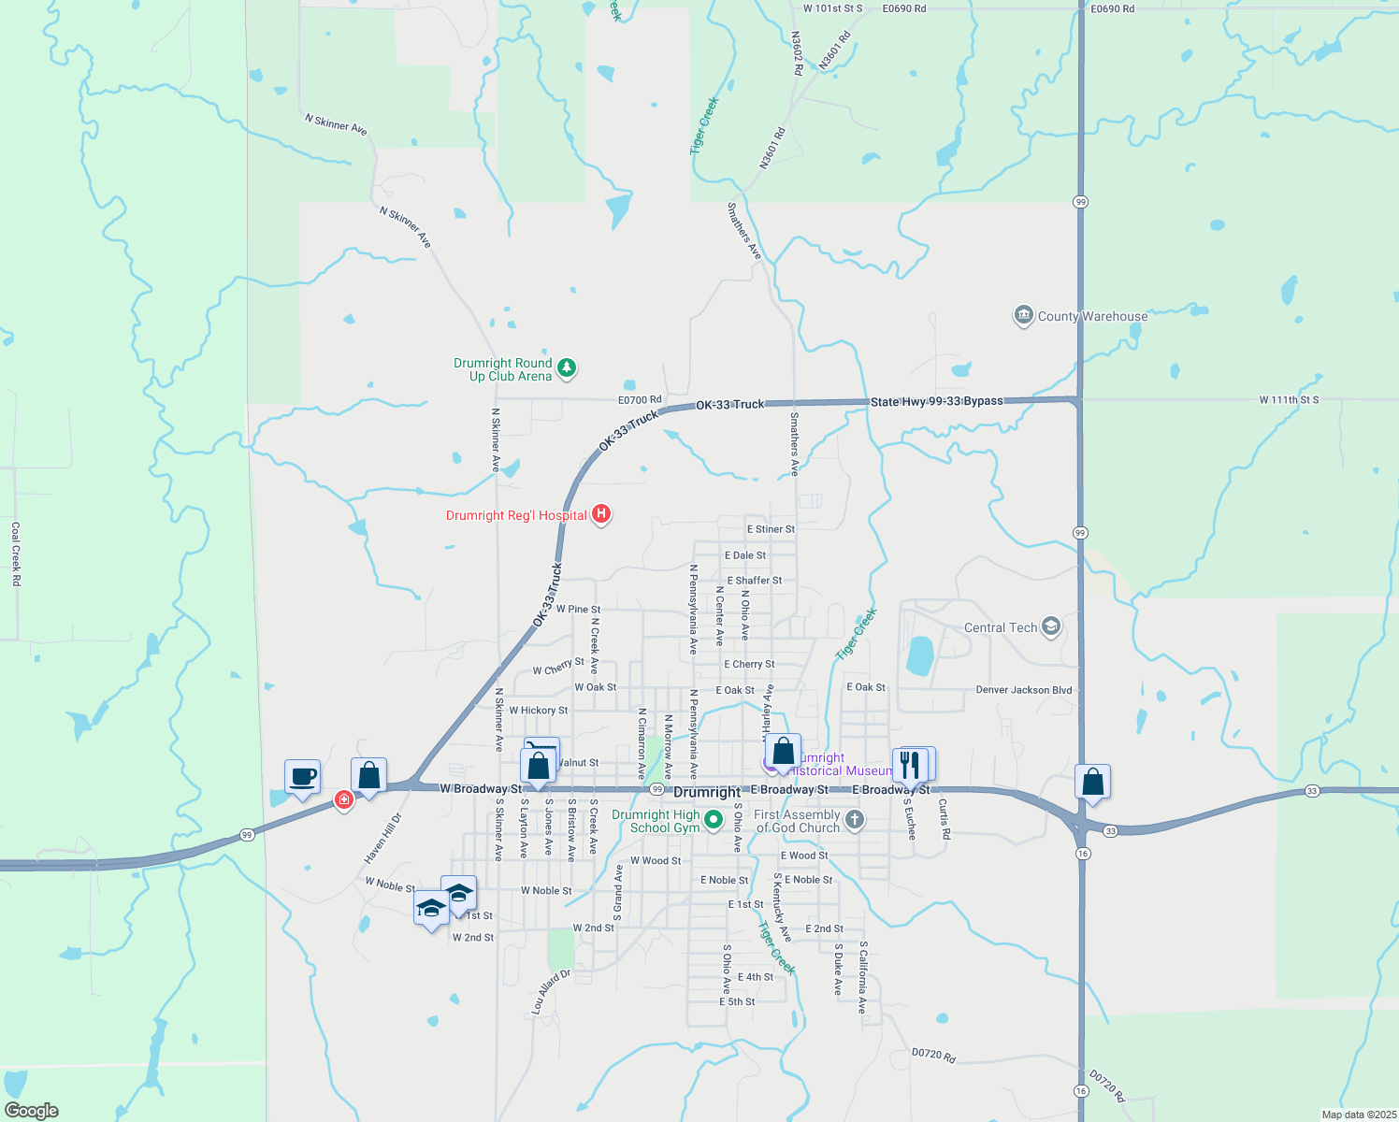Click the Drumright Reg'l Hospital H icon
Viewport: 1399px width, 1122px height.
[602, 514]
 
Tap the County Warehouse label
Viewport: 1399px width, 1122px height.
[1092, 316]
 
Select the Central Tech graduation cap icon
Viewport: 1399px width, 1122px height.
[1051, 626]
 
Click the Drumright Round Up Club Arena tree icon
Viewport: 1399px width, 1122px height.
[566, 367]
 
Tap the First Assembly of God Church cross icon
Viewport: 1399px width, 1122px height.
[854, 820]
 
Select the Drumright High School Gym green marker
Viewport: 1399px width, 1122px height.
[714, 820]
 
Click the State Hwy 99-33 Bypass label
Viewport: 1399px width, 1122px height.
[936, 401]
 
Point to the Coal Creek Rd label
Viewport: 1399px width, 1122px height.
[16, 554]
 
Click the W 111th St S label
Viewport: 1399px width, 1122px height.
[1288, 400]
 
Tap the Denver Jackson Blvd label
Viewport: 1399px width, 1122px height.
[1023, 690]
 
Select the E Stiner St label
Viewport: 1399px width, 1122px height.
[771, 529]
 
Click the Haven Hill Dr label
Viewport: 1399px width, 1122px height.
[382, 838]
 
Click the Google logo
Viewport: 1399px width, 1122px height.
[32, 1110]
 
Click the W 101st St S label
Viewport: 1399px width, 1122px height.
[832, 8]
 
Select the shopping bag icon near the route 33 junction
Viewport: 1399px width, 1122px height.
[1091, 782]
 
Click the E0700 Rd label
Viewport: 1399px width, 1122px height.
[640, 400]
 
